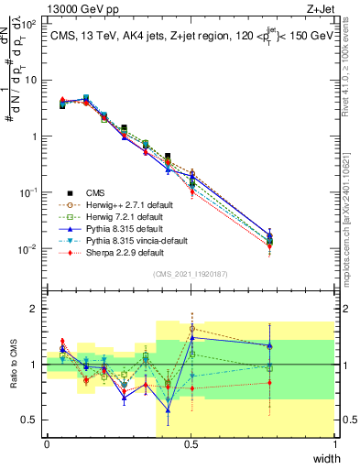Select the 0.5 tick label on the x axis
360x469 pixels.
[191, 443]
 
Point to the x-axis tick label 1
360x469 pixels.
[334, 443]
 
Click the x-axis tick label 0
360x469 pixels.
[47, 443]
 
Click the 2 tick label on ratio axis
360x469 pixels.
[38, 309]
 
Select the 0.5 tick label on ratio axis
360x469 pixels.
[32, 420]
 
